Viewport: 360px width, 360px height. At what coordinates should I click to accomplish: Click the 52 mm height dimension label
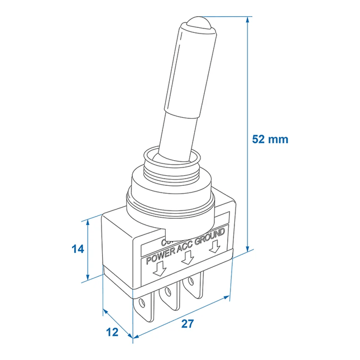[270, 139]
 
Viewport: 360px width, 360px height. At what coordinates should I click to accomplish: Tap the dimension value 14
[78, 249]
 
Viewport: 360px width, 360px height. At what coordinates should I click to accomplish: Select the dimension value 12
[112, 332]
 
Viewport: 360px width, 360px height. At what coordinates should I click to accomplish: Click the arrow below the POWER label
[160, 270]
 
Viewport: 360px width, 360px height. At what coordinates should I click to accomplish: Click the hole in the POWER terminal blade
[144, 305]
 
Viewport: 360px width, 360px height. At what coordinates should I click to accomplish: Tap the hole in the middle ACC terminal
[169, 292]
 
